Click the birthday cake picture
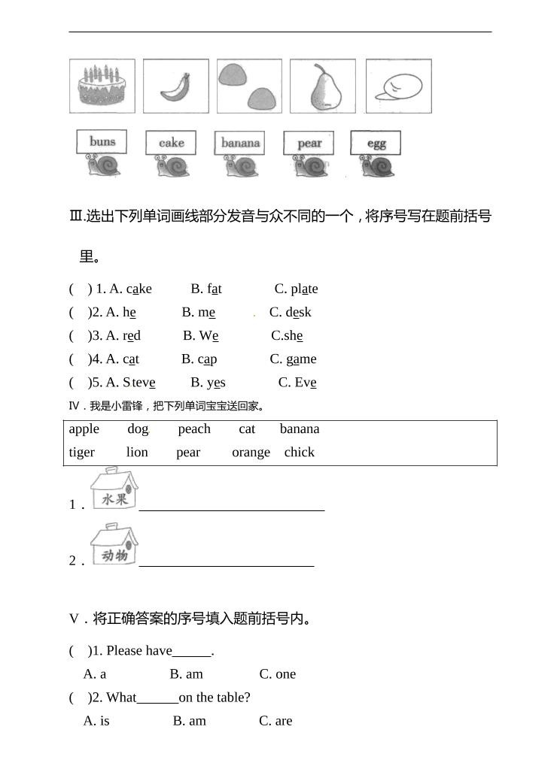[x=102, y=86]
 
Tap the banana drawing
[x=176, y=86]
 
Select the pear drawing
[x=323, y=86]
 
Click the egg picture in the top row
[x=398, y=86]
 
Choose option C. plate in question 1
[x=296, y=289]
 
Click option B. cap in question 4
[x=199, y=359]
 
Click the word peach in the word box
[x=194, y=428]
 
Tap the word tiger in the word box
[x=82, y=452]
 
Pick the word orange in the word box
[x=251, y=452]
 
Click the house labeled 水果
[x=114, y=490]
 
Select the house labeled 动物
[x=114, y=546]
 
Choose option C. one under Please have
[x=278, y=674]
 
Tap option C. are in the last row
[x=275, y=720]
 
